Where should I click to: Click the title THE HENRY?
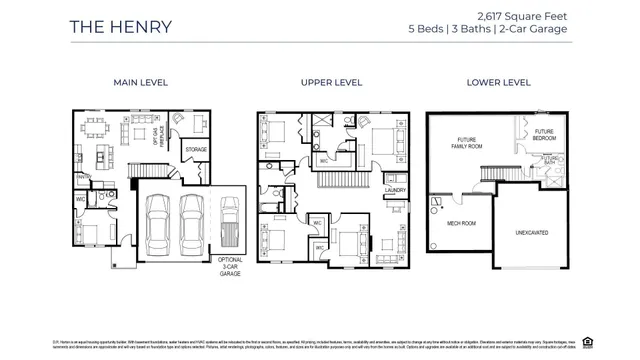point(120,26)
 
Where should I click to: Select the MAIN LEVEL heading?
point(139,82)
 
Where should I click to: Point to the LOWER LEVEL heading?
point(497,82)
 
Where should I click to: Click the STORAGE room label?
point(195,149)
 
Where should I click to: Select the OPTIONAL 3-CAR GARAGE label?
point(230,264)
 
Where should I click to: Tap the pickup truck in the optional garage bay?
point(230,225)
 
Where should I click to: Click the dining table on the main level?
point(97,129)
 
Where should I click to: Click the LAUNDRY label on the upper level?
point(394,187)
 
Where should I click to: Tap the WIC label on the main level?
point(79,198)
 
